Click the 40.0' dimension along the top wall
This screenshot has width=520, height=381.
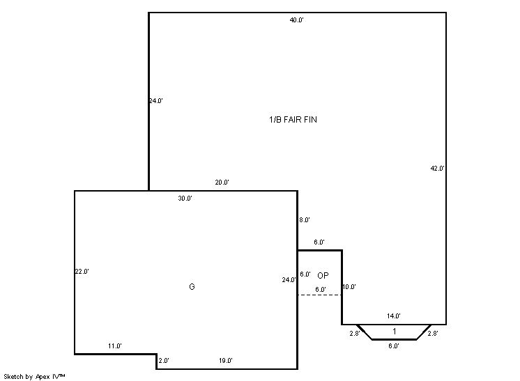296,20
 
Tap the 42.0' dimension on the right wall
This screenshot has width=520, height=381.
437,169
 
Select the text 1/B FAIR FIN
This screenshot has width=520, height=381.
293,120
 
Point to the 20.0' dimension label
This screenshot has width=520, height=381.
222,182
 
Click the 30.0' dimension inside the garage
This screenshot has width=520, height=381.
185,199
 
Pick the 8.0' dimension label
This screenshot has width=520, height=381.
305,219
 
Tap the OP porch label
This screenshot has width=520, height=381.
323,275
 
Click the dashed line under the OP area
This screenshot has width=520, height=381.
320,295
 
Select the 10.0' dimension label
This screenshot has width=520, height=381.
349,287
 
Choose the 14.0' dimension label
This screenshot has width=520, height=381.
394,316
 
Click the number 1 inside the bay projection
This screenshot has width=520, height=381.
395,331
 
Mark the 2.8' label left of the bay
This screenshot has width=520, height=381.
355,334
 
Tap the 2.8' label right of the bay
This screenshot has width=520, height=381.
433,334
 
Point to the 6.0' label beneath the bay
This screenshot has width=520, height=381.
394,346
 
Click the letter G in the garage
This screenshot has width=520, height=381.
192,286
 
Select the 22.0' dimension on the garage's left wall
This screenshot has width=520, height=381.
82,272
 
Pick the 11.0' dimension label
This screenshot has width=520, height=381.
115,346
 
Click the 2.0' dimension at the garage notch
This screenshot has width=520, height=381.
164,361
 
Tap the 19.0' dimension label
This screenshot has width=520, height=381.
226,361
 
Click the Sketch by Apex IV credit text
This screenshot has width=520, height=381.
34,377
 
